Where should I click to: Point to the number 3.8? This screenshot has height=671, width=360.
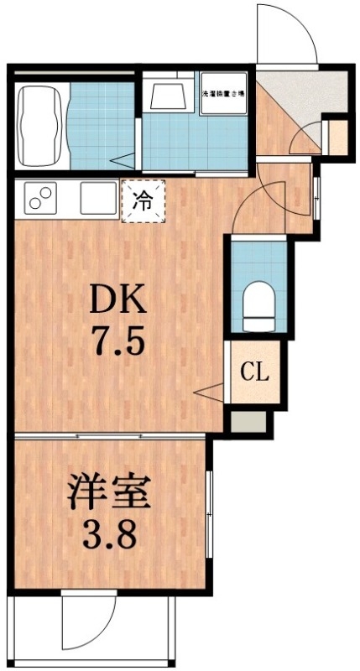[x=109, y=533]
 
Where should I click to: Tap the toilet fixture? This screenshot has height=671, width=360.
[x=257, y=307]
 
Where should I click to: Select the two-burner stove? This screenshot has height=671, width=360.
[x=39, y=199]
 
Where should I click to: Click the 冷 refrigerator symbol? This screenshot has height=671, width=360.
[x=144, y=201]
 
